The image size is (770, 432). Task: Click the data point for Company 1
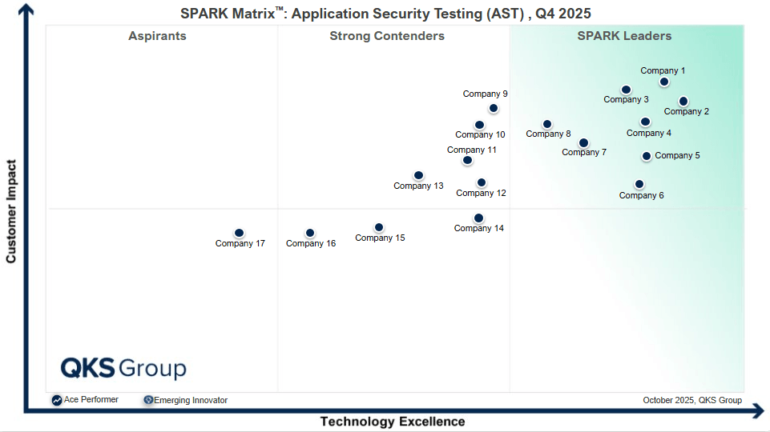pos(664,82)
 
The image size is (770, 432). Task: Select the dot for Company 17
pos(239,234)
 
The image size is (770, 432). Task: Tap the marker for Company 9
pos(494,108)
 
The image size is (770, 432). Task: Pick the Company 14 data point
pos(478,218)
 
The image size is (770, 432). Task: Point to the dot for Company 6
pos(639,184)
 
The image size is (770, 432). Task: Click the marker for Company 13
pos(418,175)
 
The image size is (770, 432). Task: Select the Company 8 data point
pos(547,124)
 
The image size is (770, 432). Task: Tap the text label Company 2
pos(686,112)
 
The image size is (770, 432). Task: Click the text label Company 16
pos(311,244)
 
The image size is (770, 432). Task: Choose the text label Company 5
pos(677,156)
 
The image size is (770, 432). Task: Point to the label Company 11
pos(472,150)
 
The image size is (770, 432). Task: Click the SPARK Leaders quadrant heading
pos(624,36)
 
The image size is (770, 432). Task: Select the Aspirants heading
pos(157,36)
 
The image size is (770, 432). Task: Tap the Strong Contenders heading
pos(387,36)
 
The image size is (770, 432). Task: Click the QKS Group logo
pos(123,368)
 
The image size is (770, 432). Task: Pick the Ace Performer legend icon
pos(57,400)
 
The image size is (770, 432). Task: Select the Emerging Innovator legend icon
pos(148,400)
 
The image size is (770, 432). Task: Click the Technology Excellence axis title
pos(393,422)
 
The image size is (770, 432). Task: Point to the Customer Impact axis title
pos(11,211)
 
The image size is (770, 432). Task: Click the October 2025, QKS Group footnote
pos(692,400)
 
